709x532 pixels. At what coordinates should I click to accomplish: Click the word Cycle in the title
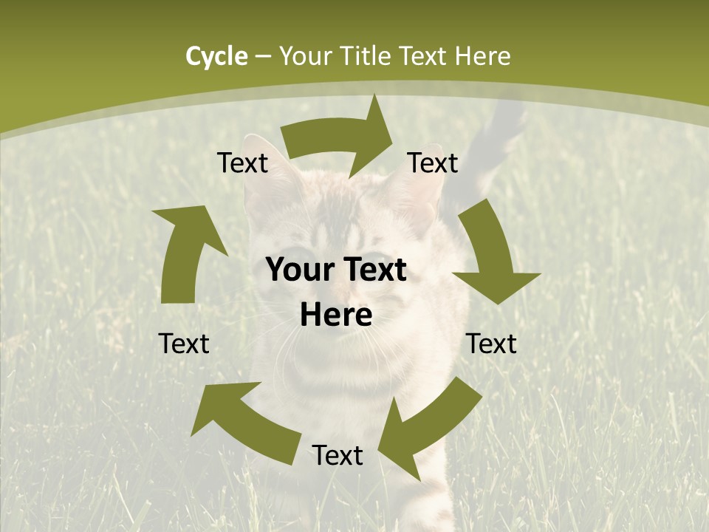pos(216,56)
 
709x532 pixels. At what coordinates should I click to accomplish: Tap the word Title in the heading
pos(367,56)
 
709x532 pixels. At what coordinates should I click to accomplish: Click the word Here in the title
pos(483,56)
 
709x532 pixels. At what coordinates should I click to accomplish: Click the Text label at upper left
pos(242,163)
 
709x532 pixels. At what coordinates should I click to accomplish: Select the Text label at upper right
pos(433,163)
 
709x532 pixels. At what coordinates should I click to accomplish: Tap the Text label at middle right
pos(491,344)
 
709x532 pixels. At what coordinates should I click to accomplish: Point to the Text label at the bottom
pos(338,456)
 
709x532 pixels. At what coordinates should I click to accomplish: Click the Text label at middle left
pos(184,344)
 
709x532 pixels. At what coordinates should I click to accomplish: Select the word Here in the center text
pos(336,316)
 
